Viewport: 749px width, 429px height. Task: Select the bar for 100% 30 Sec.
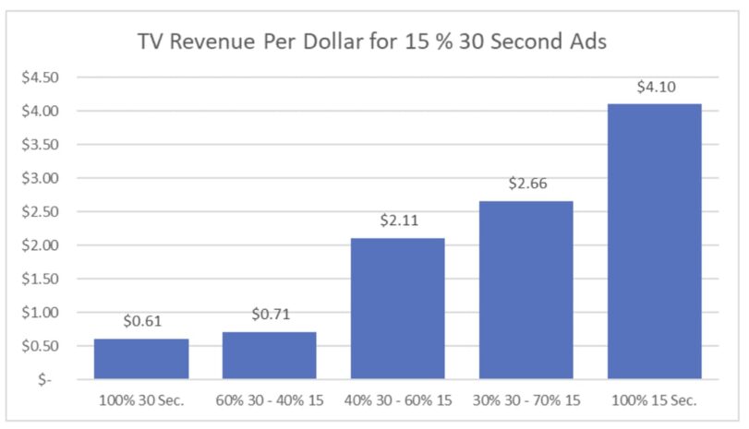click(141, 359)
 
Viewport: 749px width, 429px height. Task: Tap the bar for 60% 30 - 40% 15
click(270, 355)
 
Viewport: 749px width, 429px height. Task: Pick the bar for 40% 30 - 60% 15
click(398, 308)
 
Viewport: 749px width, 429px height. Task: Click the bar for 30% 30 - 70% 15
click(526, 290)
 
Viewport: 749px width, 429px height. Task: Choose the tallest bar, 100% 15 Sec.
click(655, 241)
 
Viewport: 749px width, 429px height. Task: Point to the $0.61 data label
click(141, 323)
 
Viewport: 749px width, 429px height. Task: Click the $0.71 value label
click(270, 316)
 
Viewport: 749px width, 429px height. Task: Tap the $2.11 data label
click(398, 221)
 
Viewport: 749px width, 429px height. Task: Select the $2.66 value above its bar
click(526, 185)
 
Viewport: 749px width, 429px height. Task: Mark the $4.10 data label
click(655, 88)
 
